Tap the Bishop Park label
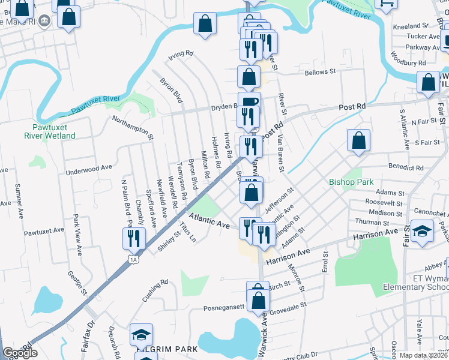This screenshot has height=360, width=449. point(351,182)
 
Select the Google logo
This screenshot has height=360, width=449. point(20,353)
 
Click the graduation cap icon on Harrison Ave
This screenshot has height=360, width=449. point(423,232)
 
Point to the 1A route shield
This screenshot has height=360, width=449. point(133,259)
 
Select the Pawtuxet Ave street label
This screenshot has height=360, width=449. point(44,230)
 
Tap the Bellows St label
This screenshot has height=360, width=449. point(320,72)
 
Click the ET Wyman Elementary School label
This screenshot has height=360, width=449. point(414,283)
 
